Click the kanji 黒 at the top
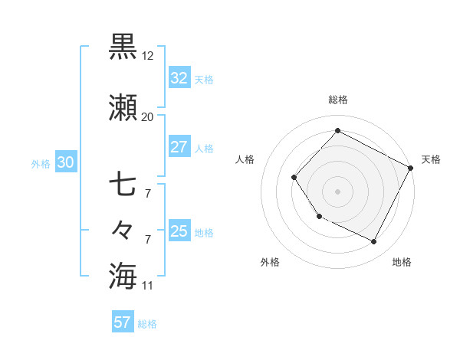click(x=123, y=47)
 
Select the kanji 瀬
click(x=123, y=110)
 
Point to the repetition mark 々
click(x=123, y=230)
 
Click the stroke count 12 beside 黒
click(x=149, y=56)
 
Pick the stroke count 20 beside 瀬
click(x=148, y=117)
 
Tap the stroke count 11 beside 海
click(x=148, y=286)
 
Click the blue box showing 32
click(x=179, y=77)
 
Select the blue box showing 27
click(x=179, y=147)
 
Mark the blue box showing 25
click(x=179, y=231)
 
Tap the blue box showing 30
click(x=65, y=162)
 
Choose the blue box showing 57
click(x=123, y=322)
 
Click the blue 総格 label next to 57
click(x=147, y=324)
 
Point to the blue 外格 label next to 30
click(x=41, y=163)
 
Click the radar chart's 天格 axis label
click(x=431, y=159)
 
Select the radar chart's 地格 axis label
click(x=402, y=263)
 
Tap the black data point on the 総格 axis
click(x=337, y=130)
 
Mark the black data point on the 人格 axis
click(x=294, y=178)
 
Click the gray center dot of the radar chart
click(x=337, y=191)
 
